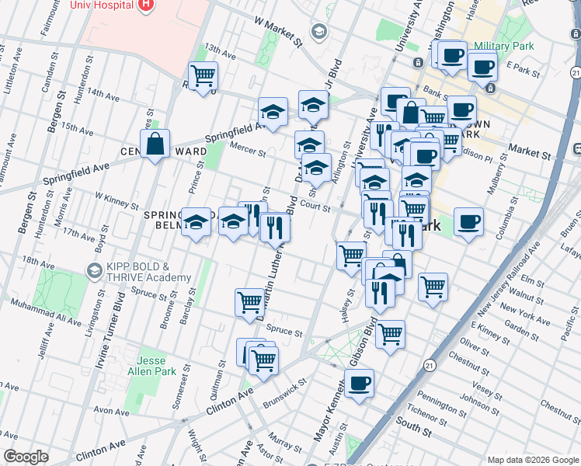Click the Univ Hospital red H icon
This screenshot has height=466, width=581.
(x=145, y=6)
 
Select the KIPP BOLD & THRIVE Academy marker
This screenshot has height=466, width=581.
(x=94, y=271)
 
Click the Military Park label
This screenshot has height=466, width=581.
(x=503, y=46)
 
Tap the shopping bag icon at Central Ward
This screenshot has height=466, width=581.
(x=155, y=144)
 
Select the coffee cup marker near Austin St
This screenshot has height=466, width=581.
(x=359, y=383)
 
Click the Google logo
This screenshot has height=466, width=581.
(x=26, y=457)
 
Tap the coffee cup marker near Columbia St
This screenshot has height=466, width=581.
(x=468, y=222)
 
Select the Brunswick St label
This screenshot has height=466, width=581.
(x=286, y=385)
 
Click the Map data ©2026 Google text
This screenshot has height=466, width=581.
(x=532, y=459)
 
